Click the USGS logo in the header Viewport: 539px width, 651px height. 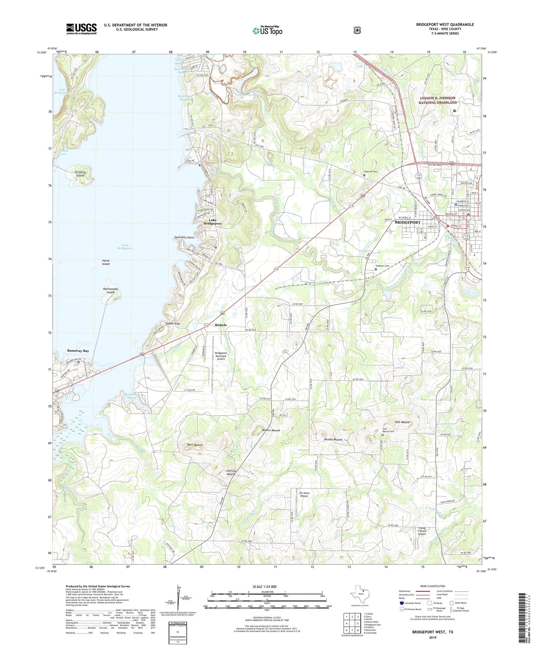coord(81,29)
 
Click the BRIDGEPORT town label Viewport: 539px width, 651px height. coord(407,222)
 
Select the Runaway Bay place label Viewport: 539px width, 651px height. coord(78,351)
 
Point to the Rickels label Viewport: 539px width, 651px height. coord(220,325)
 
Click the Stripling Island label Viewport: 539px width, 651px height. coord(80,174)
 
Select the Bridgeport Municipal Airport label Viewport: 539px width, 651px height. coord(221,355)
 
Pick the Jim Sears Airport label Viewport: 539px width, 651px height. coord(304,494)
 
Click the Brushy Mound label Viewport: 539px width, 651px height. coord(333,440)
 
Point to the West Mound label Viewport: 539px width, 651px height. coord(194,445)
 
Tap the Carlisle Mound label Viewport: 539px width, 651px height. coord(231,472)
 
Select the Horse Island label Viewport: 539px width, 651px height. coord(106,262)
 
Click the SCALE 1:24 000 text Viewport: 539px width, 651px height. coord(264,586)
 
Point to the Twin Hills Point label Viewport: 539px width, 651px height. coord(184,238)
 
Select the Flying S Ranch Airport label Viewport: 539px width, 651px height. coord(422,531)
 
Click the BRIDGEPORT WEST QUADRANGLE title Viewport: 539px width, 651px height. coord(445,25)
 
